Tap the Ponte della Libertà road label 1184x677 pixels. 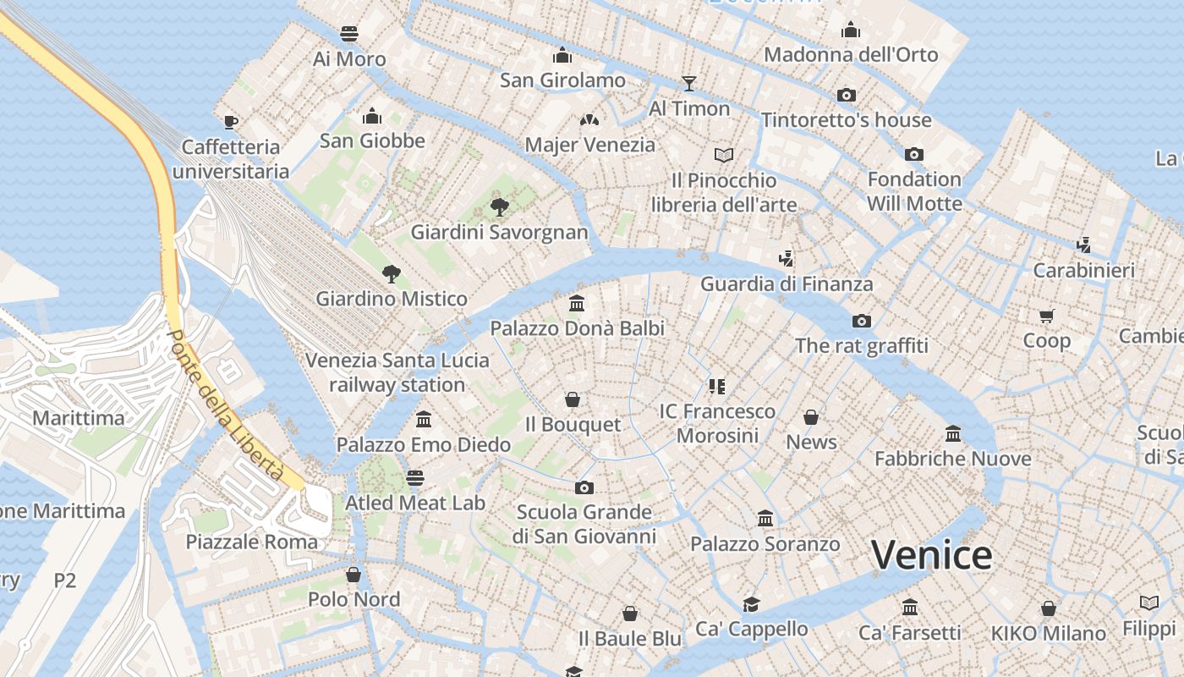[224, 405]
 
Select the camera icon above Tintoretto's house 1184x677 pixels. [847, 95]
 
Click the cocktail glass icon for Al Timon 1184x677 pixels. [689, 83]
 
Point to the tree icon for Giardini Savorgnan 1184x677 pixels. [500, 206]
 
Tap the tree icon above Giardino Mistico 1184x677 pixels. [391, 273]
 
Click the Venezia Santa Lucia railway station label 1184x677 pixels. [397, 372]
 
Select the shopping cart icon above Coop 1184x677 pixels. [1047, 316]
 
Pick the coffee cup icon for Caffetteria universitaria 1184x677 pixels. [231, 122]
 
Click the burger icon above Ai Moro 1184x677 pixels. [349, 34]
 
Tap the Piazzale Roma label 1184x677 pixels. [252, 542]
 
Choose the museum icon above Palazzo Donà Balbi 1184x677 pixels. [578, 303]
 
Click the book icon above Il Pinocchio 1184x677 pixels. [724, 155]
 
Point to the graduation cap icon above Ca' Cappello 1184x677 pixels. [751, 603]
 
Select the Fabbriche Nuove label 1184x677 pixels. [952, 459]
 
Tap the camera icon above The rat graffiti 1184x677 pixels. [862, 321]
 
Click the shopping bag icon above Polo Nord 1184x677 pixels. [354, 575]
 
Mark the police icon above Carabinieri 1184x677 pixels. [1083, 245]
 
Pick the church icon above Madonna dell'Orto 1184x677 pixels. [851, 30]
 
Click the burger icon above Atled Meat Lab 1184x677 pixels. [414, 478]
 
